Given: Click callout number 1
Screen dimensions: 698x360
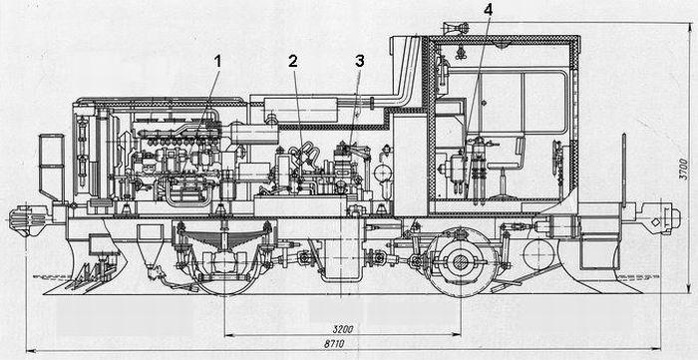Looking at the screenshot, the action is pyautogui.click(x=217, y=62).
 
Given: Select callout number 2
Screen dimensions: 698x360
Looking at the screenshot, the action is pyautogui.click(x=292, y=62).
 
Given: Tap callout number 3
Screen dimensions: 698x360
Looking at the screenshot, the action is pyautogui.click(x=360, y=62).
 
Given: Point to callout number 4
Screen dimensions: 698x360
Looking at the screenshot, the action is pyautogui.click(x=489, y=11).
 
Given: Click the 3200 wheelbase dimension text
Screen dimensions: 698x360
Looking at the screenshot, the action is pyautogui.click(x=343, y=329).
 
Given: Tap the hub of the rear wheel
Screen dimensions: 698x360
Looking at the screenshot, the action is pyautogui.click(x=461, y=262).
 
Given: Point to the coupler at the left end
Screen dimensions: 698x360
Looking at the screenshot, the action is pyautogui.click(x=28, y=219).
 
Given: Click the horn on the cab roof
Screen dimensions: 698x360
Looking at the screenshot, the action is pyautogui.click(x=456, y=29).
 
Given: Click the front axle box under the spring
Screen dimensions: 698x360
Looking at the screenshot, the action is pyautogui.click(x=224, y=262).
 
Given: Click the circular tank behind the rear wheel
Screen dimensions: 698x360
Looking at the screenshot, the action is pyautogui.click(x=539, y=255).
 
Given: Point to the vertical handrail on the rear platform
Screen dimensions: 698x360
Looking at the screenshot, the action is pyautogui.click(x=623, y=170).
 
